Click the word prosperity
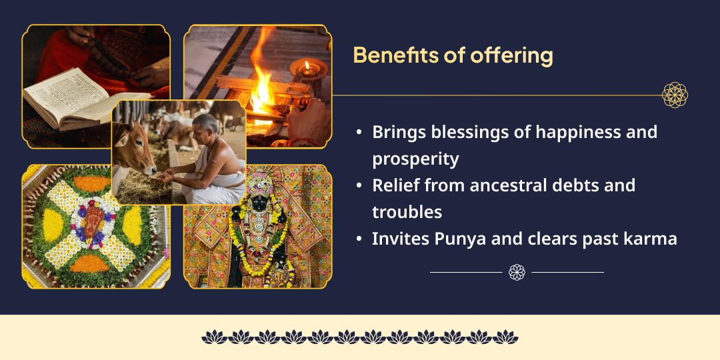[x=415, y=159]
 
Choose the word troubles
[x=407, y=212]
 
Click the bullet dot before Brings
[x=359, y=133]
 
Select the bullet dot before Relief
[x=359, y=186]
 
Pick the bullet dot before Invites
[x=359, y=239]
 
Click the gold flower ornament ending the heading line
[x=675, y=95]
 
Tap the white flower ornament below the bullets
[x=517, y=272]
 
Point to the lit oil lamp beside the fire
[x=307, y=67]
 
